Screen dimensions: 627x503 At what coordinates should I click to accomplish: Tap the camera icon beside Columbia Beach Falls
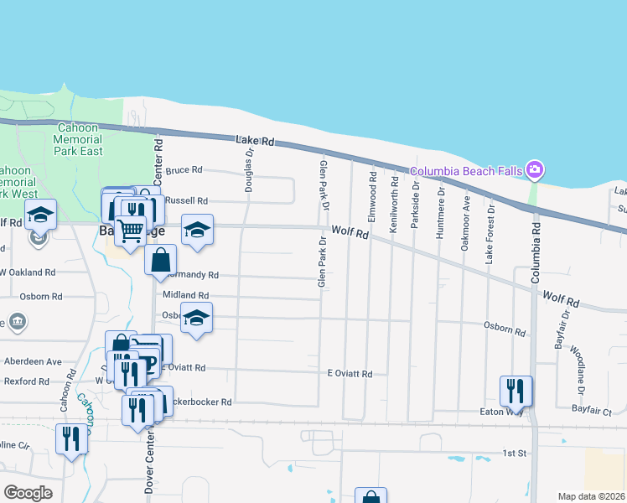click(535, 170)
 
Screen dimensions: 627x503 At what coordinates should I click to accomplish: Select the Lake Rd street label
click(256, 142)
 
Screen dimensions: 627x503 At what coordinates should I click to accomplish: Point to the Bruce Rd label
click(184, 169)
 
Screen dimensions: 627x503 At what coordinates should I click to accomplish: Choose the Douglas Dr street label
click(249, 170)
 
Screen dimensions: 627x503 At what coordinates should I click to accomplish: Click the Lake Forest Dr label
click(490, 236)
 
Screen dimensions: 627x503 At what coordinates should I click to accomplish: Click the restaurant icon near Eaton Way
click(515, 391)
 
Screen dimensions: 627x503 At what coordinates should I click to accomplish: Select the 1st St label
click(514, 453)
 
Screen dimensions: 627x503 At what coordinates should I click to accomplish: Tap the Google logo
click(28, 493)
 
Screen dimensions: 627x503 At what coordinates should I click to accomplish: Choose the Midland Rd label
click(185, 295)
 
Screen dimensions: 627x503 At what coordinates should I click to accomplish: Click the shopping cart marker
click(130, 231)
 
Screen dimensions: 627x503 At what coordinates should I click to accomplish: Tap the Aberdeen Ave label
click(34, 361)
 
